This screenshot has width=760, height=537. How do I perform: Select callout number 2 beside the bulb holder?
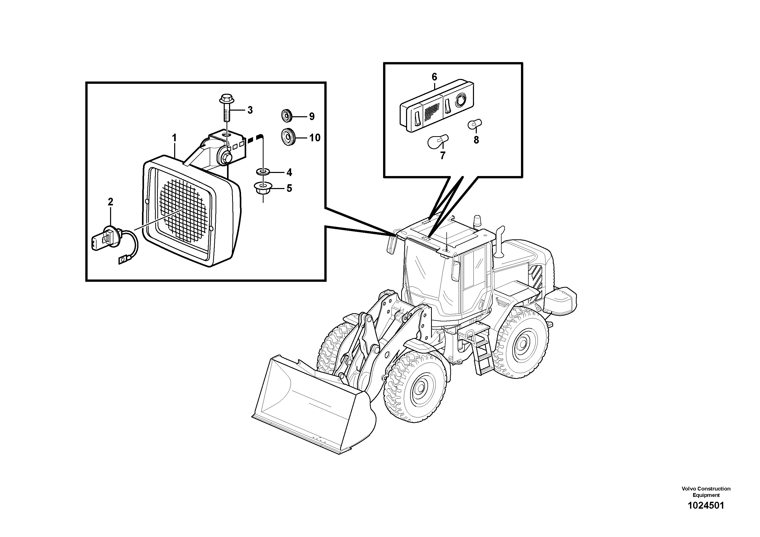coord(110,202)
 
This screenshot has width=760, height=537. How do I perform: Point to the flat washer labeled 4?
coord(263,172)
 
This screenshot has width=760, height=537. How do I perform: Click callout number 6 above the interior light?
coord(434,77)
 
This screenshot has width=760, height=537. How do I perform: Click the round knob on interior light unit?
coord(460,100)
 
